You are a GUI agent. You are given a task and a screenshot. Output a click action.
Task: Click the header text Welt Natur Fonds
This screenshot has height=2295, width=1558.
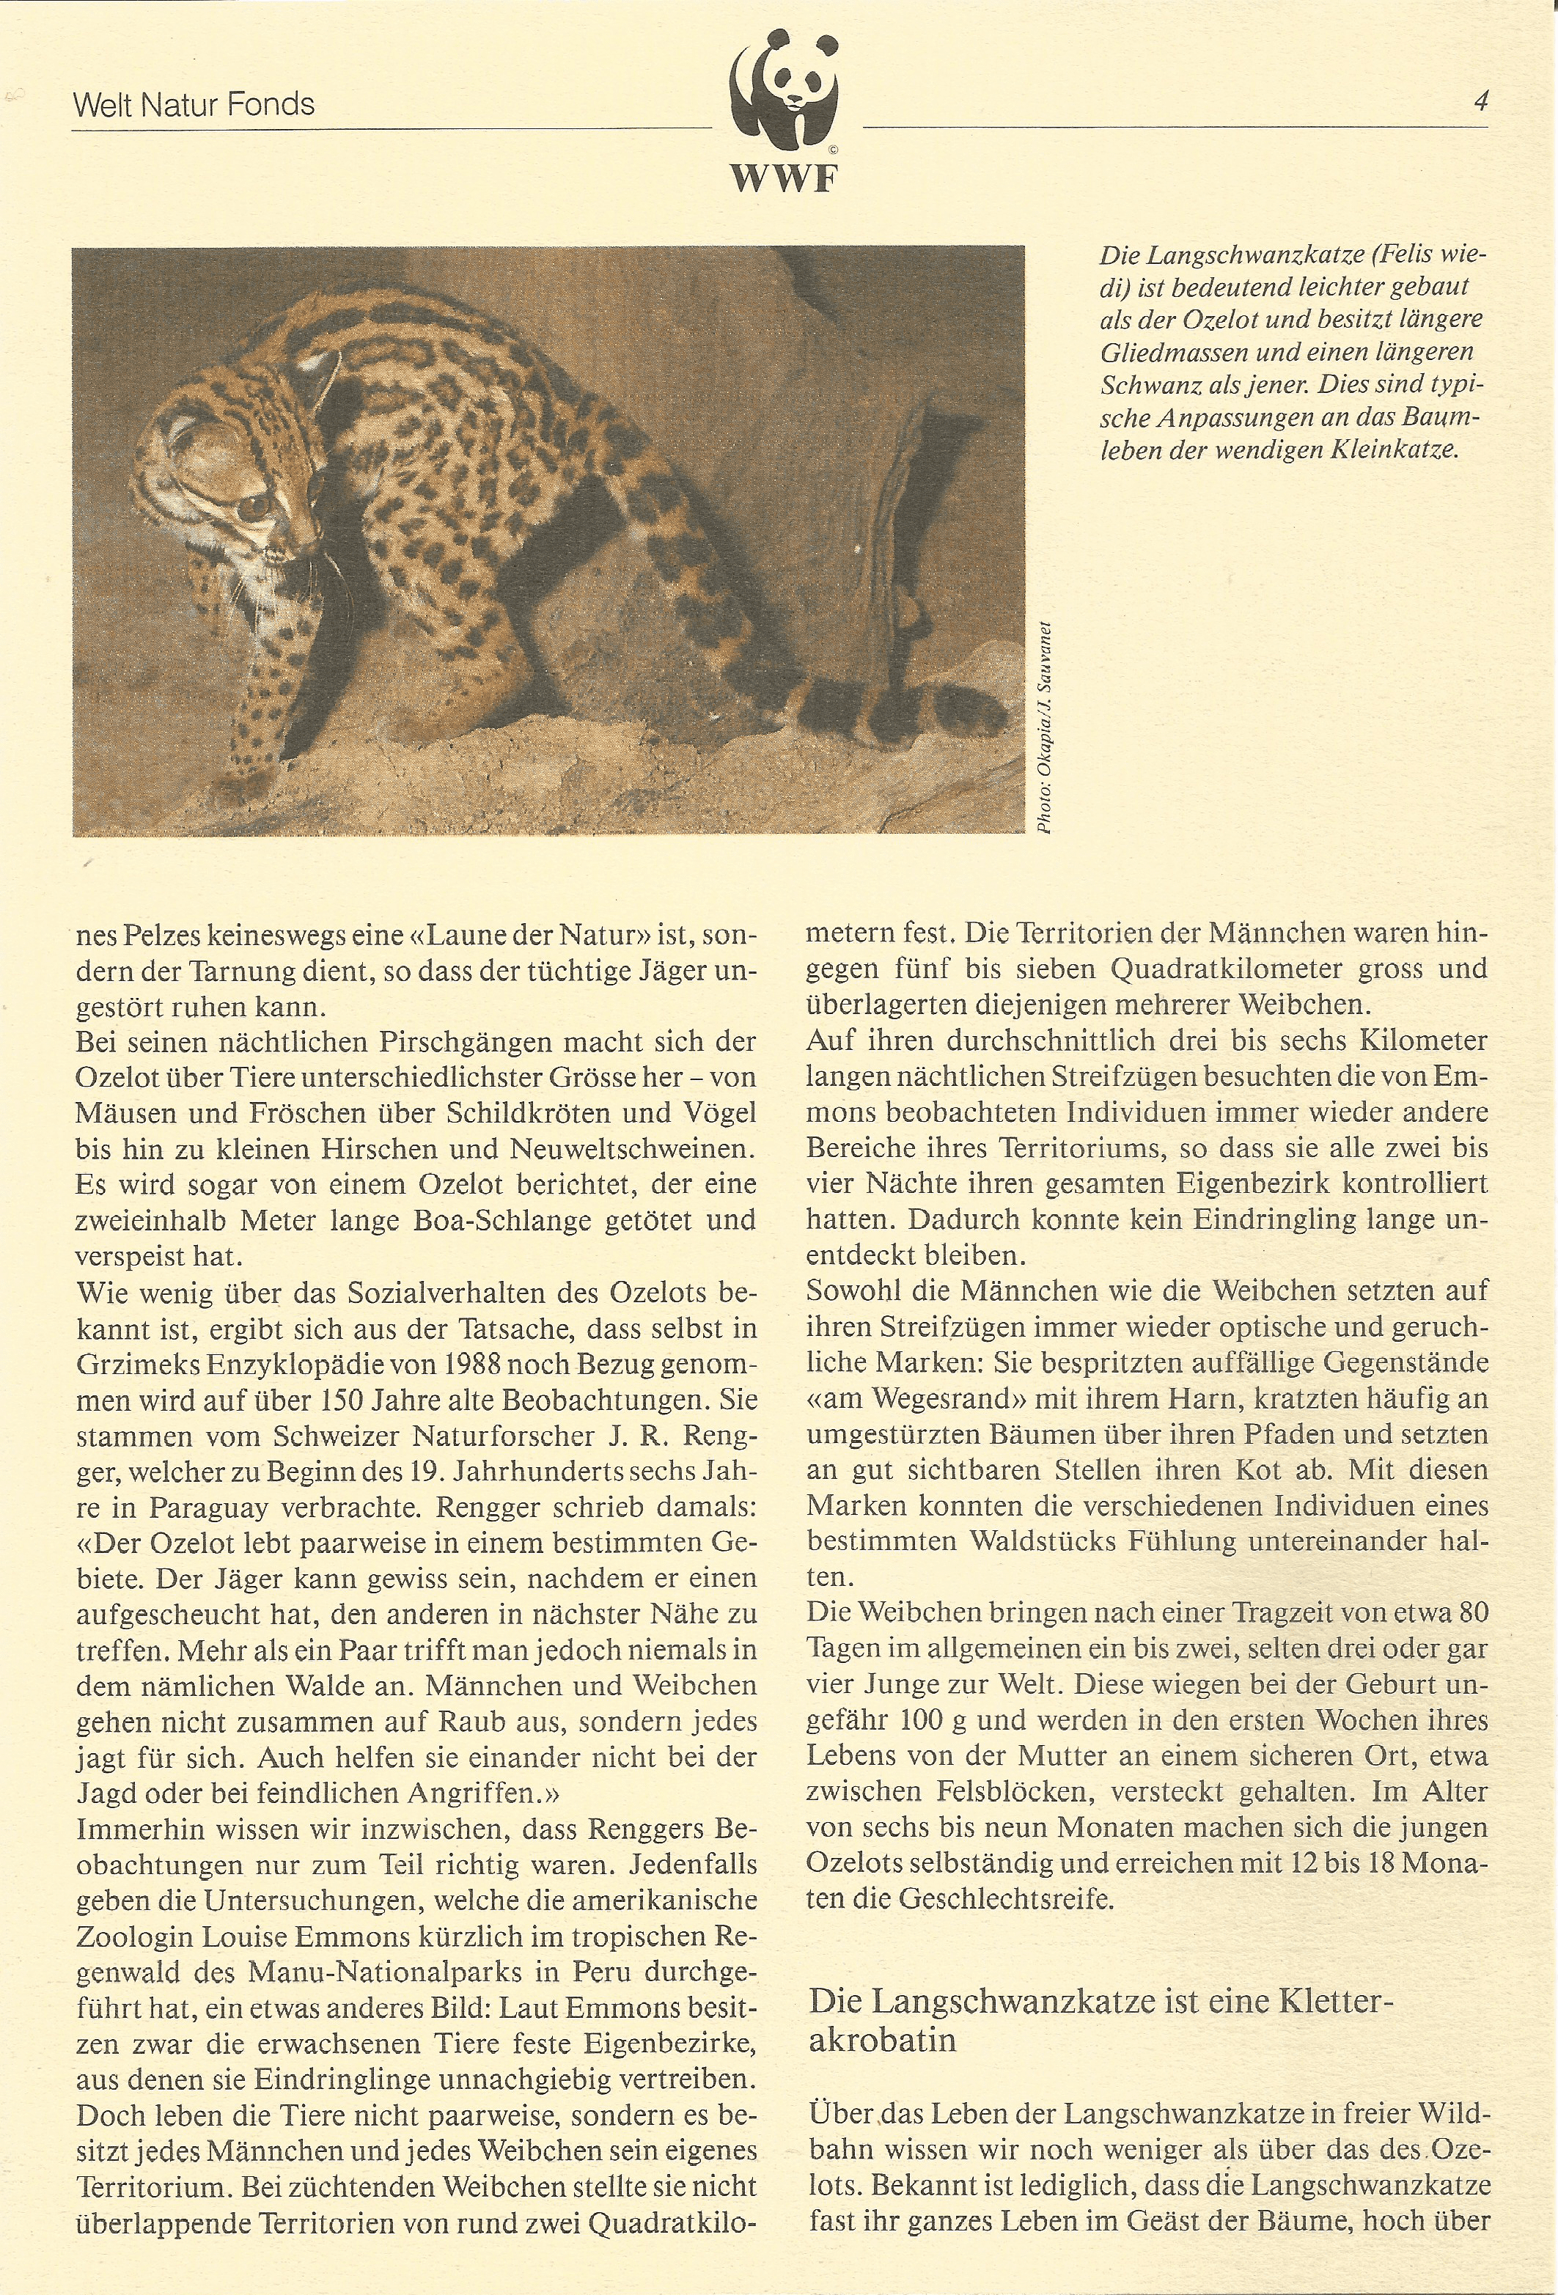[194, 105]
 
